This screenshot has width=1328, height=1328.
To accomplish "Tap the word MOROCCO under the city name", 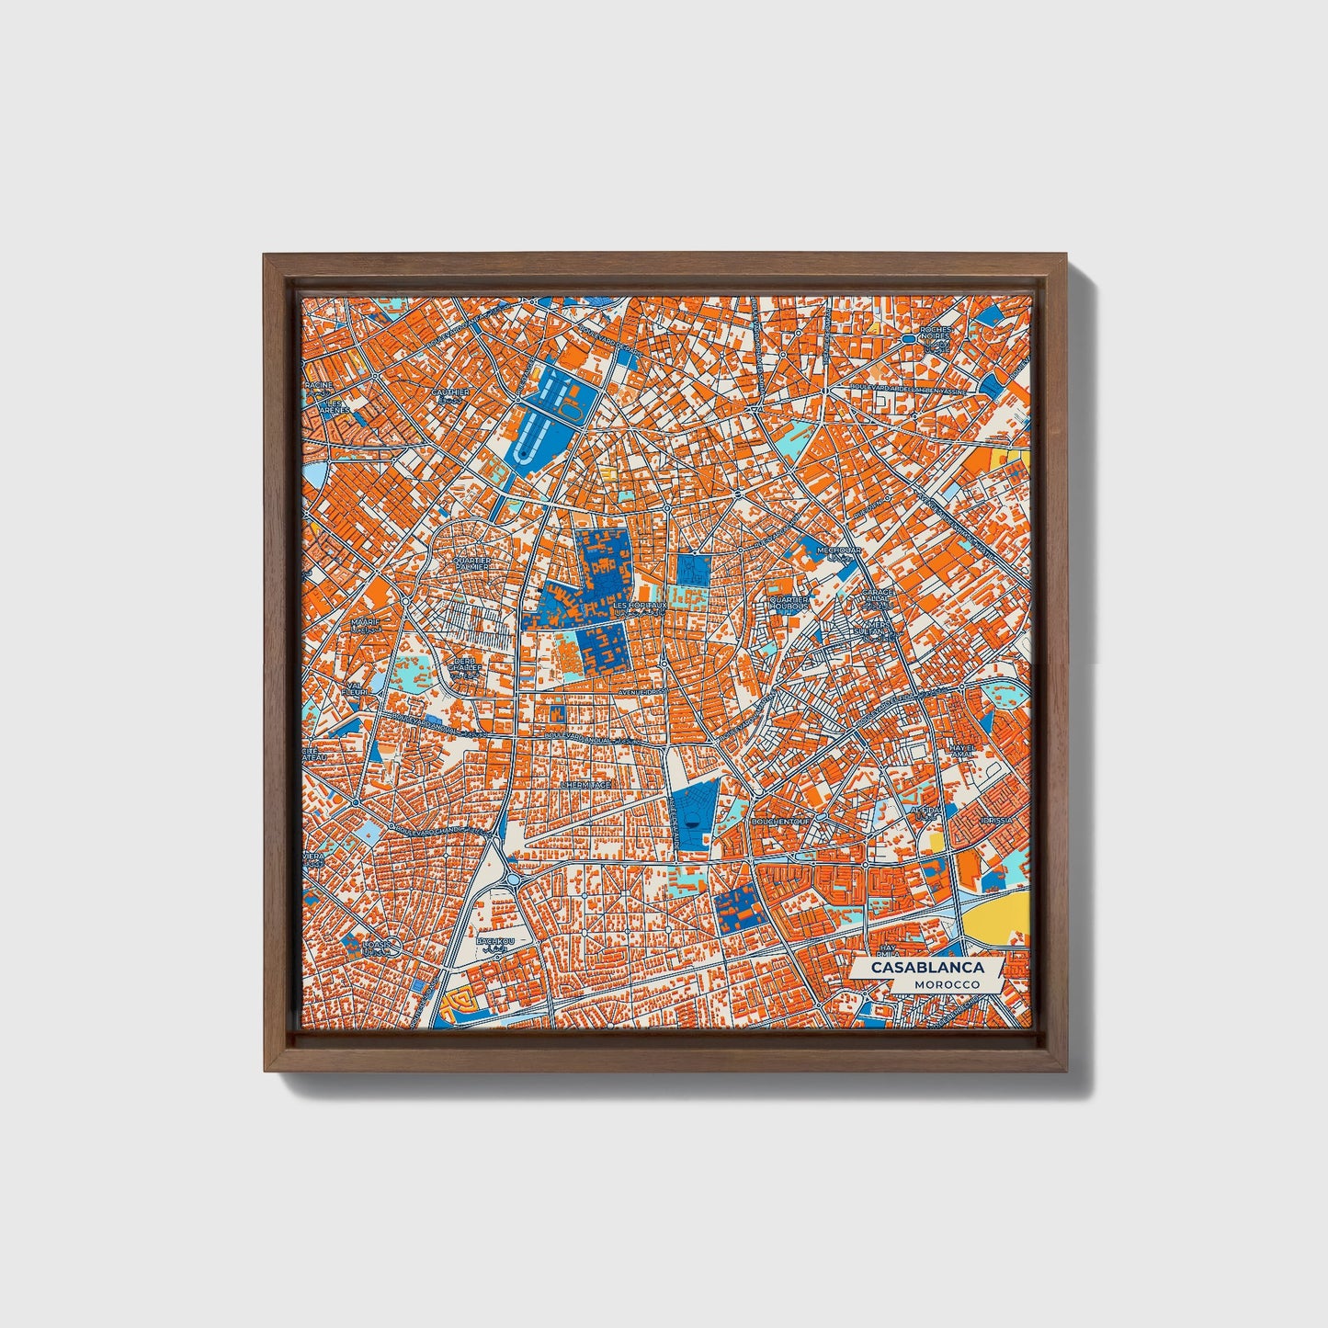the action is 947,984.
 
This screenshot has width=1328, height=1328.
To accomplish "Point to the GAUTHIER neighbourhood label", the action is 450,392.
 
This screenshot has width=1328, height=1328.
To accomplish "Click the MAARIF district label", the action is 364,622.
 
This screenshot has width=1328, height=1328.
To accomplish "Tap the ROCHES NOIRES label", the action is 935,334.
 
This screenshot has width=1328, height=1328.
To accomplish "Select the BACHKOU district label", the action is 495,943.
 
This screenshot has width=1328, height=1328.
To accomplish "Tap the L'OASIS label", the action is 376,944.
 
